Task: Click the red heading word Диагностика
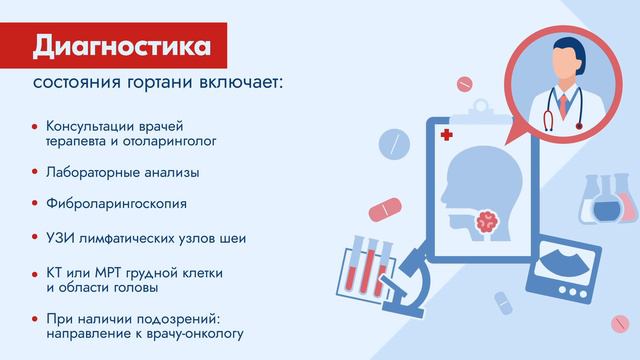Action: point(121,47)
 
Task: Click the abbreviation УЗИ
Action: point(60,240)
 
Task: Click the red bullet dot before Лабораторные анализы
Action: point(35,172)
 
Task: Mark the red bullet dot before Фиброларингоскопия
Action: point(35,203)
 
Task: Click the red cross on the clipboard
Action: point(445,134)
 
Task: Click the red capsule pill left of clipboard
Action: point(386,209)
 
